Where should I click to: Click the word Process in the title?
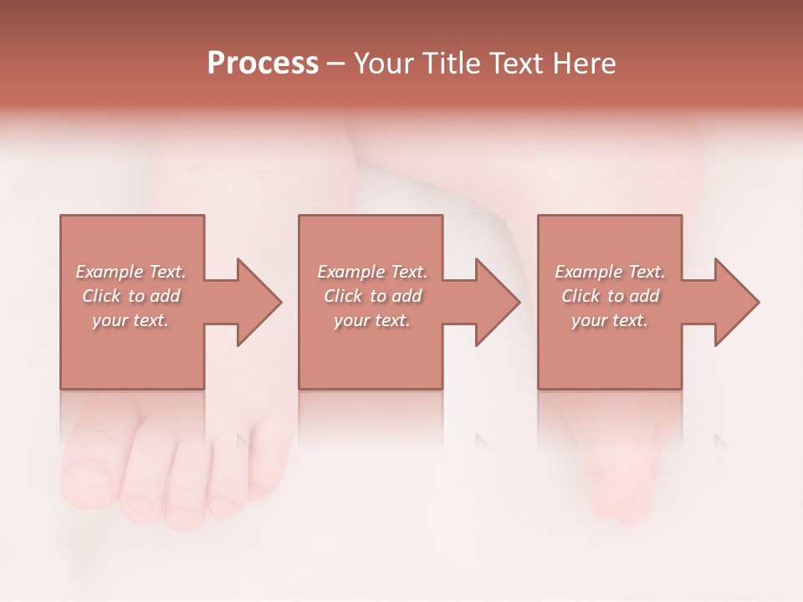[263, 64]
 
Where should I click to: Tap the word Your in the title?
[383, 64]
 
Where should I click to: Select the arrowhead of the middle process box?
[497, 302]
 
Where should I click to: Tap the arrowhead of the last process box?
[736, 302]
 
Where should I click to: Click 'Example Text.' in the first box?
[130, 272]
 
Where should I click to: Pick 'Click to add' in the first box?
[130, 296]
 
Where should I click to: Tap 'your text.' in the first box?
[130, 320]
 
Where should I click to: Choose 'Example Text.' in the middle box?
[371, 272]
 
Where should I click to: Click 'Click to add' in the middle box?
[371, 296]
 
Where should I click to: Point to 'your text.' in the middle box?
[371, 320]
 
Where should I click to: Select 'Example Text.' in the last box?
[610, 272]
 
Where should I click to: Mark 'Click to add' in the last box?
[610, 296]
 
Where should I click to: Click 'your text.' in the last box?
[610, 320]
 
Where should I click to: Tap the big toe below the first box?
[89, 477]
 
